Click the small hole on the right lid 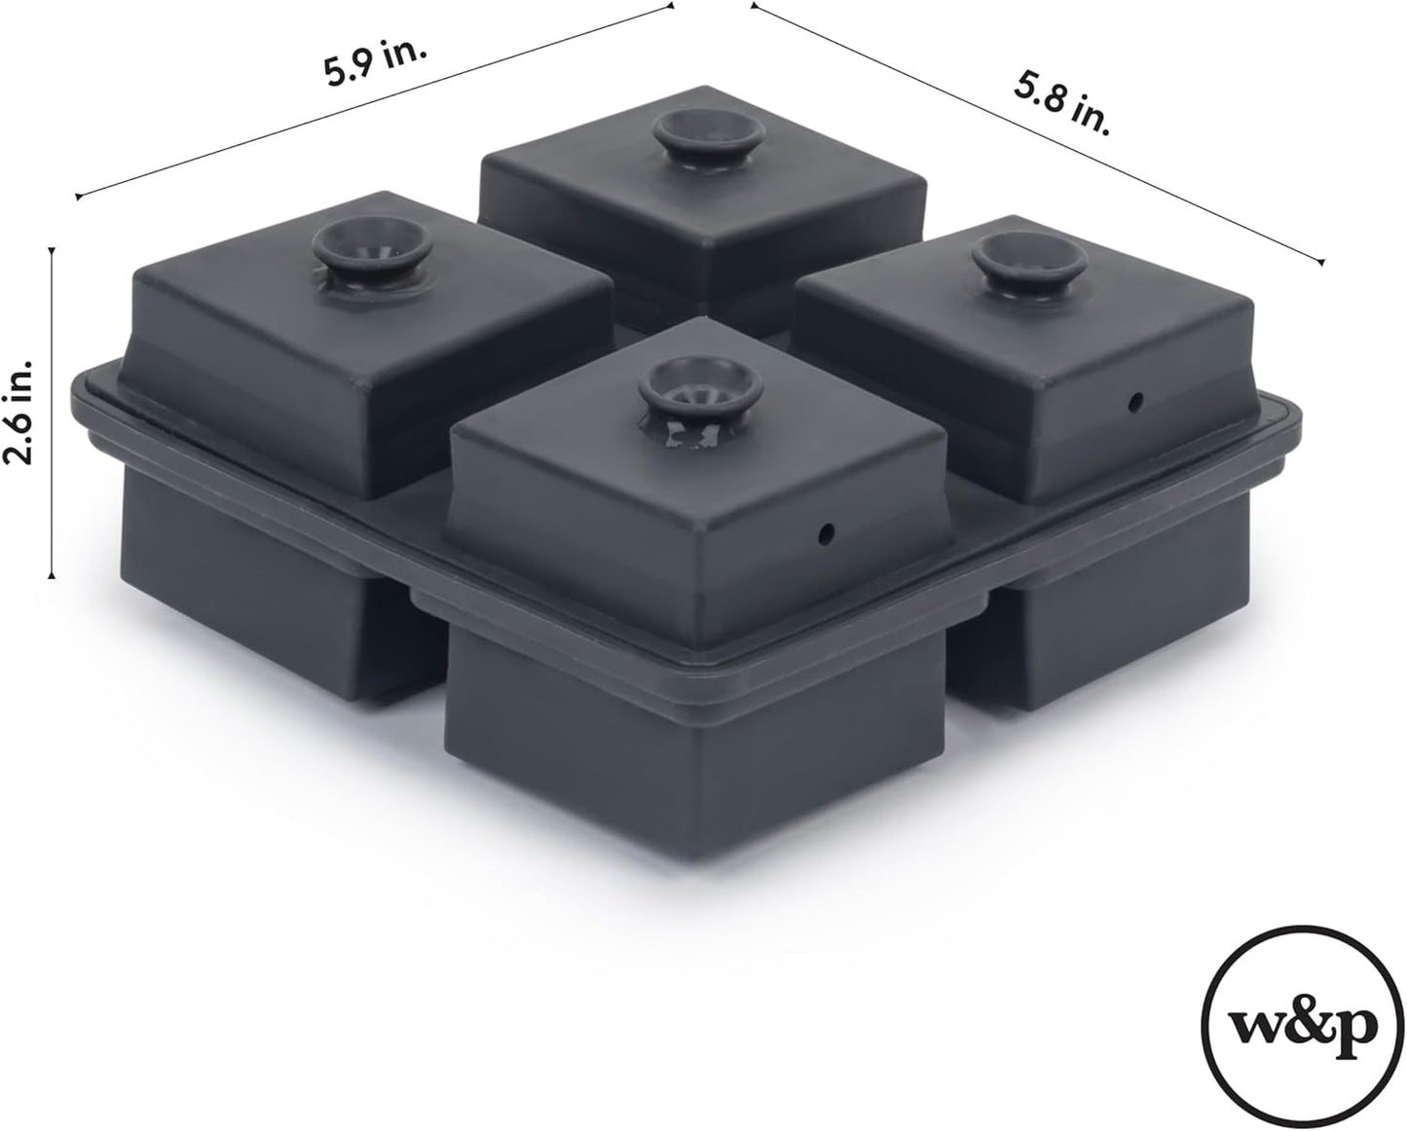[1135, 399]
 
